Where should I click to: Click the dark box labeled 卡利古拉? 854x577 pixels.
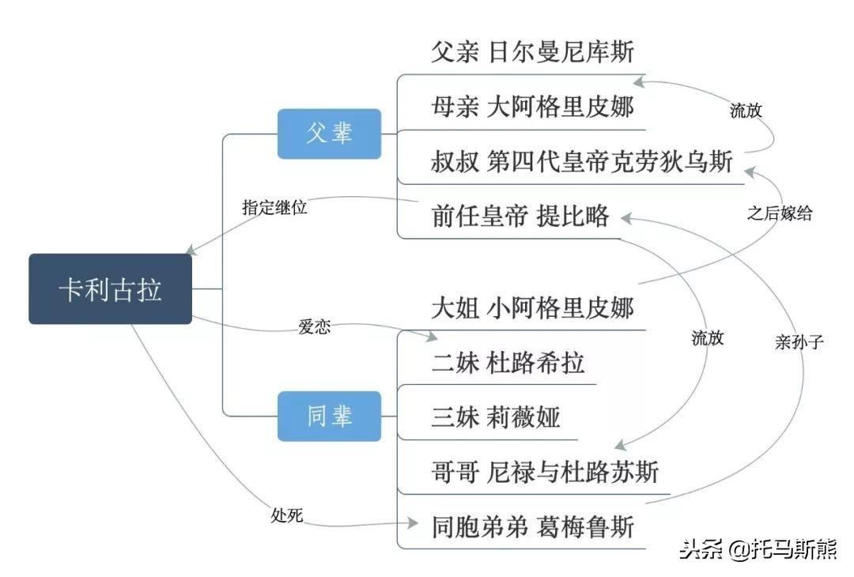click(110, 289)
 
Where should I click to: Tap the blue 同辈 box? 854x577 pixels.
click(329, 416)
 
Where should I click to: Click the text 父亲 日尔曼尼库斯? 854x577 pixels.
click(532, 52)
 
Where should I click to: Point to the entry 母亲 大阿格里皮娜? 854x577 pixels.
click(532, 106)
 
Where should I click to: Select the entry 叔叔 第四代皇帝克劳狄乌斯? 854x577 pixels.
click(581, 161)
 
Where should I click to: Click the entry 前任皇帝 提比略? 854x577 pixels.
click(520, 215)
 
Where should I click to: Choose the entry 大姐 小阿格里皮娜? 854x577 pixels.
click(532, 307)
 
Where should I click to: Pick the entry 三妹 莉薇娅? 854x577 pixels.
click(496, 417)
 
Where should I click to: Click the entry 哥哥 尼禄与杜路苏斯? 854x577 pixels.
click(545, 472)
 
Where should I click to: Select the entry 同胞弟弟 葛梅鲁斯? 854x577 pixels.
click(532, 526)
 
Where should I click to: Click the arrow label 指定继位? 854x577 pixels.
click(274, 209)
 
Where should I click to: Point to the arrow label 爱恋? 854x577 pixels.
click(314, 326)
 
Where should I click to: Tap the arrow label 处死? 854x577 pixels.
click(286, 517)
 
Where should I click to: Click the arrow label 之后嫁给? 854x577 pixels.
click(779, 213)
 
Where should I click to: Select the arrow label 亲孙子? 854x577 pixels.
click(799, 342)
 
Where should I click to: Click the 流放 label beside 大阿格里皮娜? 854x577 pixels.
click(746, 111)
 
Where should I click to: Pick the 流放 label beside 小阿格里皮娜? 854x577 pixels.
click(708, 338)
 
